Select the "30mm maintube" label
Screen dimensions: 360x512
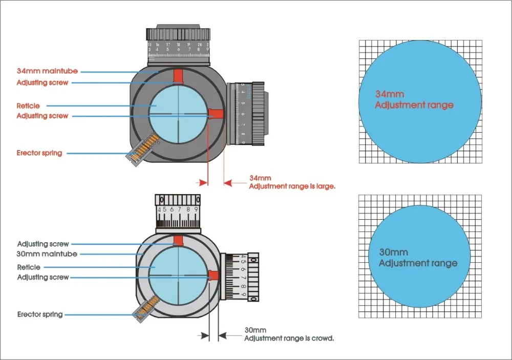coord(47,254)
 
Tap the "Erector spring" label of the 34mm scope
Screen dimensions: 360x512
coord(40,153)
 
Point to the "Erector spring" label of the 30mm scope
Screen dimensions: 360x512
coord(40,314)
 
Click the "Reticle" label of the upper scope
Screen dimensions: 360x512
coord(28,105)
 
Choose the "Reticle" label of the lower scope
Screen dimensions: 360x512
coord(29,267)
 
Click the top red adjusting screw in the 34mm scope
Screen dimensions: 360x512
coord(178,76)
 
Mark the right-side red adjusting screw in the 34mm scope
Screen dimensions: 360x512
coord(215,114)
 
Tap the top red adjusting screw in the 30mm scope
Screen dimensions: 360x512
coord(178,241)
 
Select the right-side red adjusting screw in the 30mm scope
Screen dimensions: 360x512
coord(214,276)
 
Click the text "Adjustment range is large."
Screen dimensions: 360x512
coord(292,187)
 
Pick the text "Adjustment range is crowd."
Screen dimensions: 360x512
coord(289,338)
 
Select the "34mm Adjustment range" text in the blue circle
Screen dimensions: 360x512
coord(414,100)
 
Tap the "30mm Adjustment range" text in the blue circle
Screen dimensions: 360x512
coord(417,258)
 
